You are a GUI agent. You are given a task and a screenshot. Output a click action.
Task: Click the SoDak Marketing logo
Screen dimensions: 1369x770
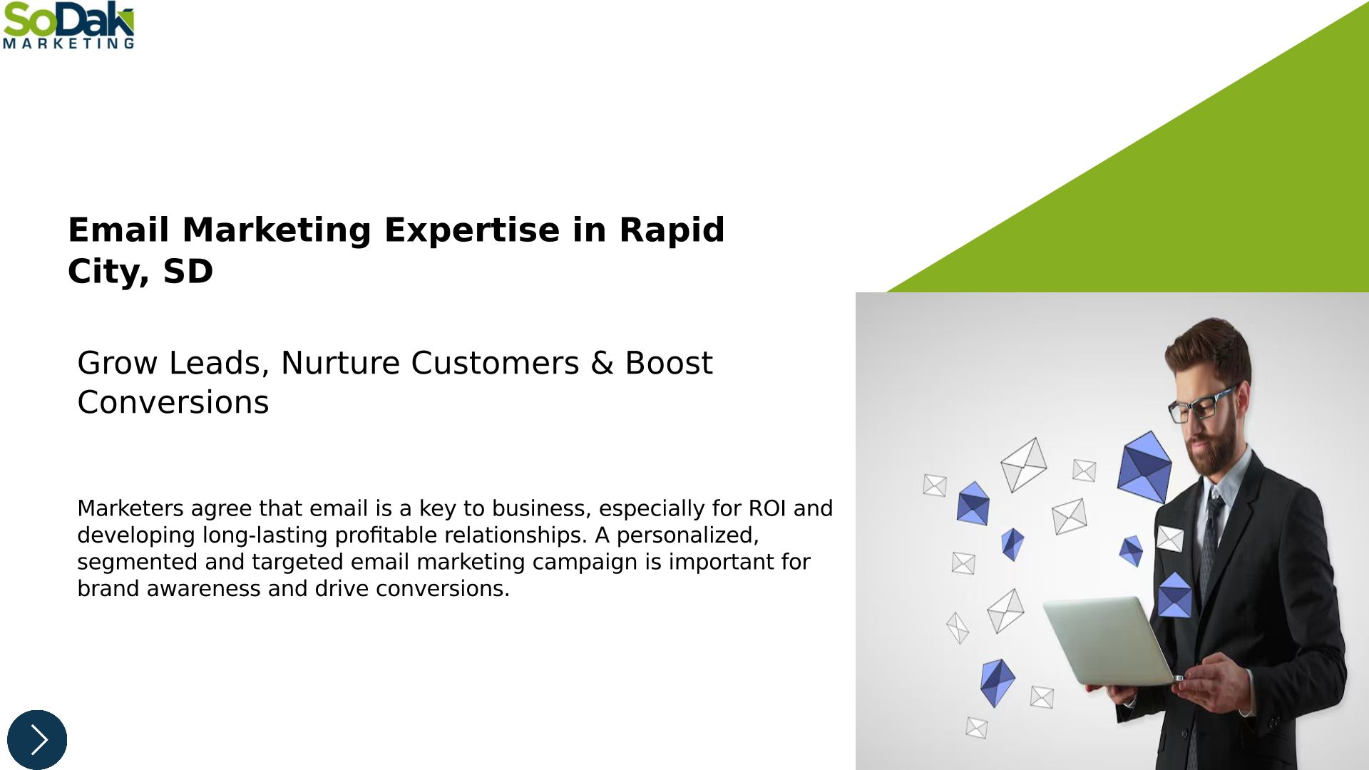coord(68,26)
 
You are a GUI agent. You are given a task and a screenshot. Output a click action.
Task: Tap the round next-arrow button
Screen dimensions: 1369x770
coord(37,739)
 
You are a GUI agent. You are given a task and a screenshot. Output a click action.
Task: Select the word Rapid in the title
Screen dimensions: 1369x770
coord(672,230)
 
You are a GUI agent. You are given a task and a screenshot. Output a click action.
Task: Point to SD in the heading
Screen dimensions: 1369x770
coord(188,272)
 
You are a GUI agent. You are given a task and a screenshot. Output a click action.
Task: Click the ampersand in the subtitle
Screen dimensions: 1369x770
coord(602,364)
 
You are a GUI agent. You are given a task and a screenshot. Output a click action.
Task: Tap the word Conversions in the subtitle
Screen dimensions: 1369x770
coord(173,403)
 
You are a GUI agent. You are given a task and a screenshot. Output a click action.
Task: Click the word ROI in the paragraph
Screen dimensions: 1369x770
coord(767,508)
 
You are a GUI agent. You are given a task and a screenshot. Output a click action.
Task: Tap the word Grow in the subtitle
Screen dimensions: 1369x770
coord(118,364)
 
